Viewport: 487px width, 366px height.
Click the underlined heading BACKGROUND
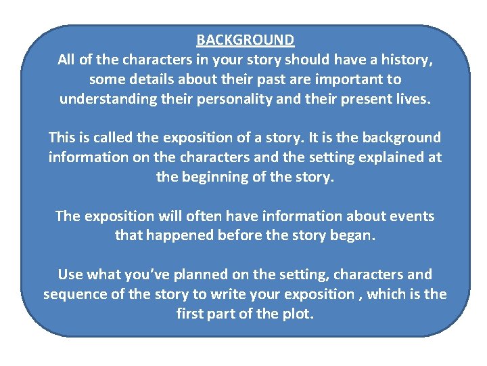point(245,40)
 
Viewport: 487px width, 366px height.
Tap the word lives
point(409,99)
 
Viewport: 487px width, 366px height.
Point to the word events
point(410,216)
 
